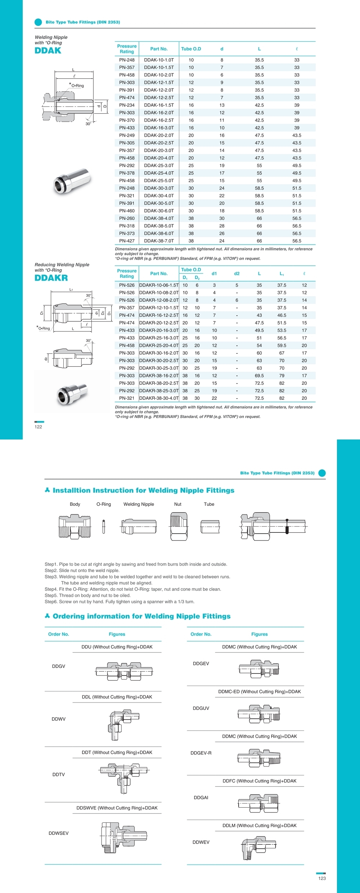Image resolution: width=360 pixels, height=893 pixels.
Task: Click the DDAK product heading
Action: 48,51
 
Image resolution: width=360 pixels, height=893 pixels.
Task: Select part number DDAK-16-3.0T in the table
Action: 159,128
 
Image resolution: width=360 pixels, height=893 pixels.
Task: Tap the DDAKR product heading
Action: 51,278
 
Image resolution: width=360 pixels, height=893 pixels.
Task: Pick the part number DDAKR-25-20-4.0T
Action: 159,346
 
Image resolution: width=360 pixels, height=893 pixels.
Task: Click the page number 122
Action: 38,427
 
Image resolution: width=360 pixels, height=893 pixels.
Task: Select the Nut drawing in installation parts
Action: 179,526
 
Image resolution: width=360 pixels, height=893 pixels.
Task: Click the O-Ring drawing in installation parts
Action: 104,527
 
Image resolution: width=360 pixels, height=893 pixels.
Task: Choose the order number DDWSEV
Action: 58,833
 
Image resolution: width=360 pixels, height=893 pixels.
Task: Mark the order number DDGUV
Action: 201,708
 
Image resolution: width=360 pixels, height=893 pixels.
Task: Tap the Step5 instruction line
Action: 87,595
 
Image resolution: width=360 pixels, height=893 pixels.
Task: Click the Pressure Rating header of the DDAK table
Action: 127,49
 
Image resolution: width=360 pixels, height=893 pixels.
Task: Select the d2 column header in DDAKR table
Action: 237,274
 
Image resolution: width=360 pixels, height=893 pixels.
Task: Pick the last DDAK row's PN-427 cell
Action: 127,241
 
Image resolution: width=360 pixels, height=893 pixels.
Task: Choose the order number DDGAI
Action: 201,798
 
